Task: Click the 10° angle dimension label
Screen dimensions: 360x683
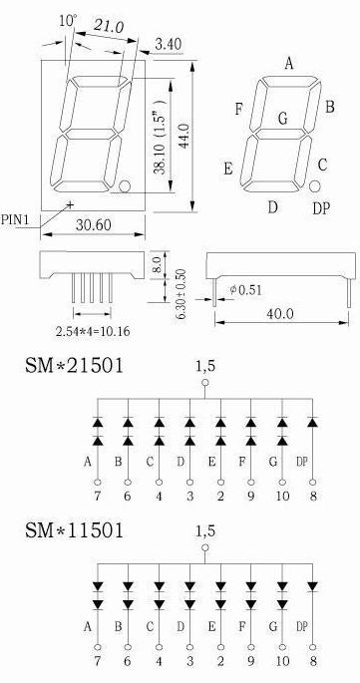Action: coord(69,20)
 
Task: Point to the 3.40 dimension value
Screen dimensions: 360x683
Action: coord(168,45)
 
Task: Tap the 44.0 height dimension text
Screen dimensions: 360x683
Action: coord(183,136)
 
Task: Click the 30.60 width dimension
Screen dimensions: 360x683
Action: coord(94,224)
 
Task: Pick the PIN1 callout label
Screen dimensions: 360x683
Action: coord(15,219)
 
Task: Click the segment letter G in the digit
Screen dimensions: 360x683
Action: coord(283,119)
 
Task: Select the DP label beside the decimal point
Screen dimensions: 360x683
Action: coord(321,209)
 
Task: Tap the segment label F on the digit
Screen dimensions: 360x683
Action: coord(238,109)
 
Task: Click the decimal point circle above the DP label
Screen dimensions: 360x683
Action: coord(315,186)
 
